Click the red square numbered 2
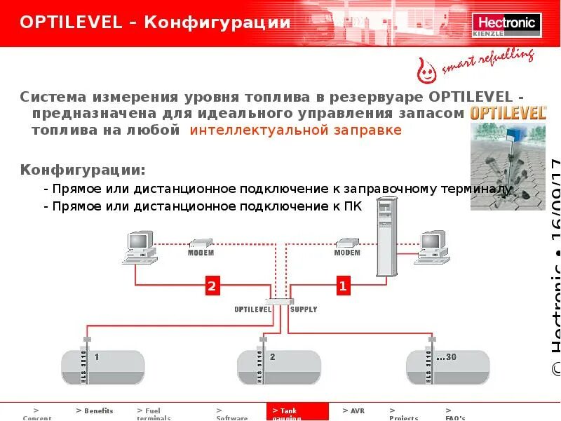(x=212, y=286)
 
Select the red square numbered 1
(x=342, y=286)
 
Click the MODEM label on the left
(x=201, y=252)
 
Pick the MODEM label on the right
(x=346, y=252)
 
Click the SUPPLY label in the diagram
(x=304, y=309)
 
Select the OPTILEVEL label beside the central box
(x=253, y=309)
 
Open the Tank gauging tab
(x=297, y=413)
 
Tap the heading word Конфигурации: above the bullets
(x=83, y=171)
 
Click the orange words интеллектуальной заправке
(x=295, y=131)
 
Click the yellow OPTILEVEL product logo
(x=499, y=113)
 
